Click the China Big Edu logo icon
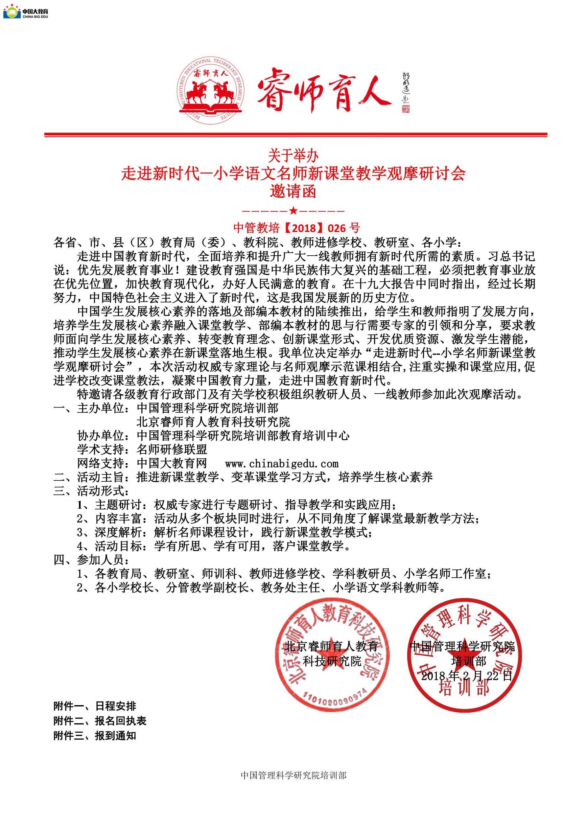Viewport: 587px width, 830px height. click(x=12, y=12)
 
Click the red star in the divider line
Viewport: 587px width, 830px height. click(x=293, y=210)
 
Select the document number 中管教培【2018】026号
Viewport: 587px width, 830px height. click(x=296, y=227)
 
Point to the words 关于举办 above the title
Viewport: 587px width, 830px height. click(x=293, y=156)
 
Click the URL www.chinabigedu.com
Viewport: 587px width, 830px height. click(x=282, y=463)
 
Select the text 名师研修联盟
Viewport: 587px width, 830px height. click(x=172, y=450)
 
